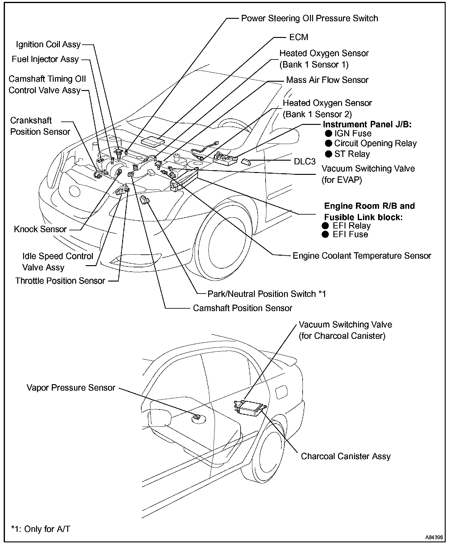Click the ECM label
(299, 37)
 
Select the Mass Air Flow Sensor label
(327, 80)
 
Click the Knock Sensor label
(40, 229)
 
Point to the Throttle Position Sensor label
(60, 281)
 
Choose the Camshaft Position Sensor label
(242, 308)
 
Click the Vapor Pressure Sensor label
(71, 388)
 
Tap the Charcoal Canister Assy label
(346, 456)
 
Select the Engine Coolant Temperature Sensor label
(362, 256)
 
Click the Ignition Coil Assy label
(48, 44)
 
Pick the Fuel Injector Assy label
(45, 59)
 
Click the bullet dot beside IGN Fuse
(329, 134)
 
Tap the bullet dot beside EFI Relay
(325, 226)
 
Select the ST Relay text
(352, 154)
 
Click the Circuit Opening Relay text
(375, 143)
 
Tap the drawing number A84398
(434, 537)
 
